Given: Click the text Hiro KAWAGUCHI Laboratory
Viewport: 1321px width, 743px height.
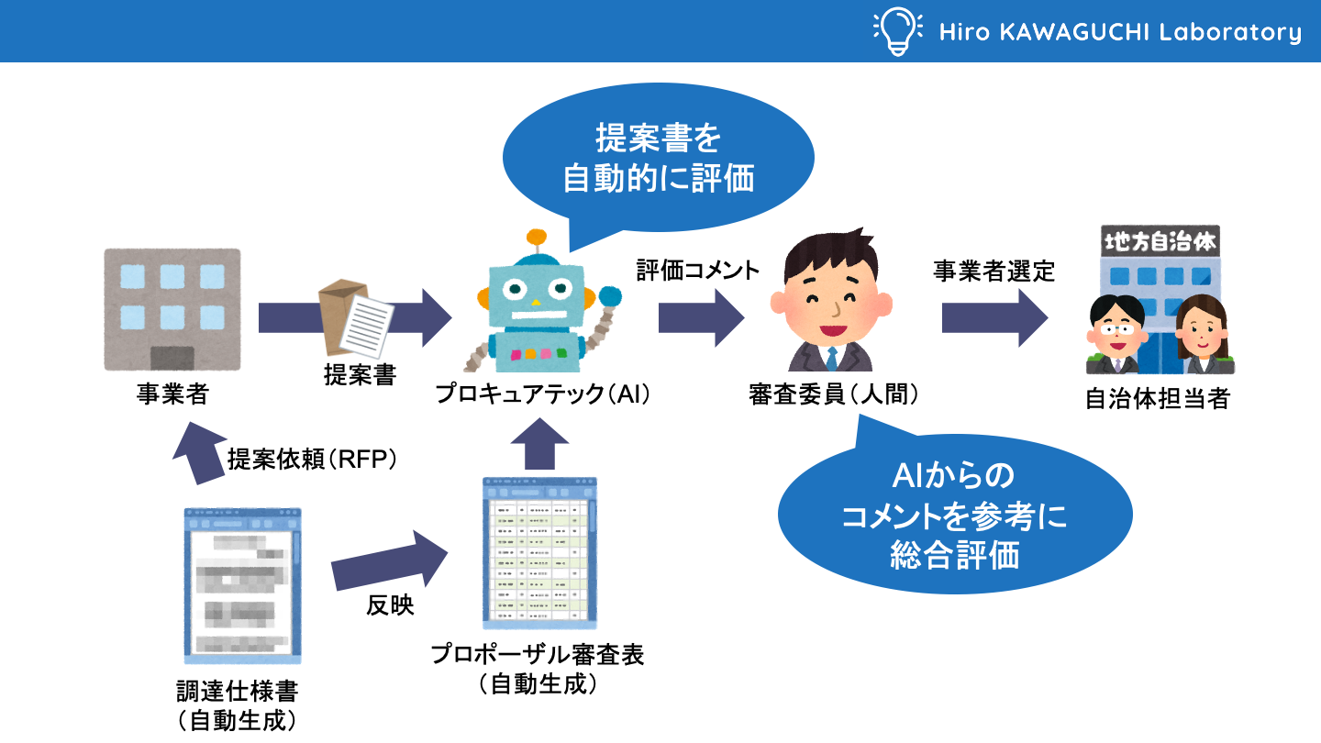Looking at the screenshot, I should tap(1119, 33).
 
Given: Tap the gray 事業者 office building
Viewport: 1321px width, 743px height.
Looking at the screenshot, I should tap(172, 308).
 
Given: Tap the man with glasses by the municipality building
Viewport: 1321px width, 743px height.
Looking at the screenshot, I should tap(1114, 336).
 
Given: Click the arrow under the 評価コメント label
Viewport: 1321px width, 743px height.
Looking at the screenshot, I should tap(701, 318).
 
